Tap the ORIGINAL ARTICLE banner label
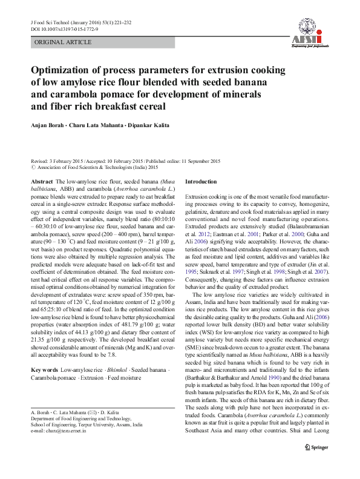(x=63, y=42)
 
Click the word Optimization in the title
(x=65, y=70)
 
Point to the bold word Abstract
(x=41, y=182)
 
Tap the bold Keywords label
(x=44, y=369)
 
